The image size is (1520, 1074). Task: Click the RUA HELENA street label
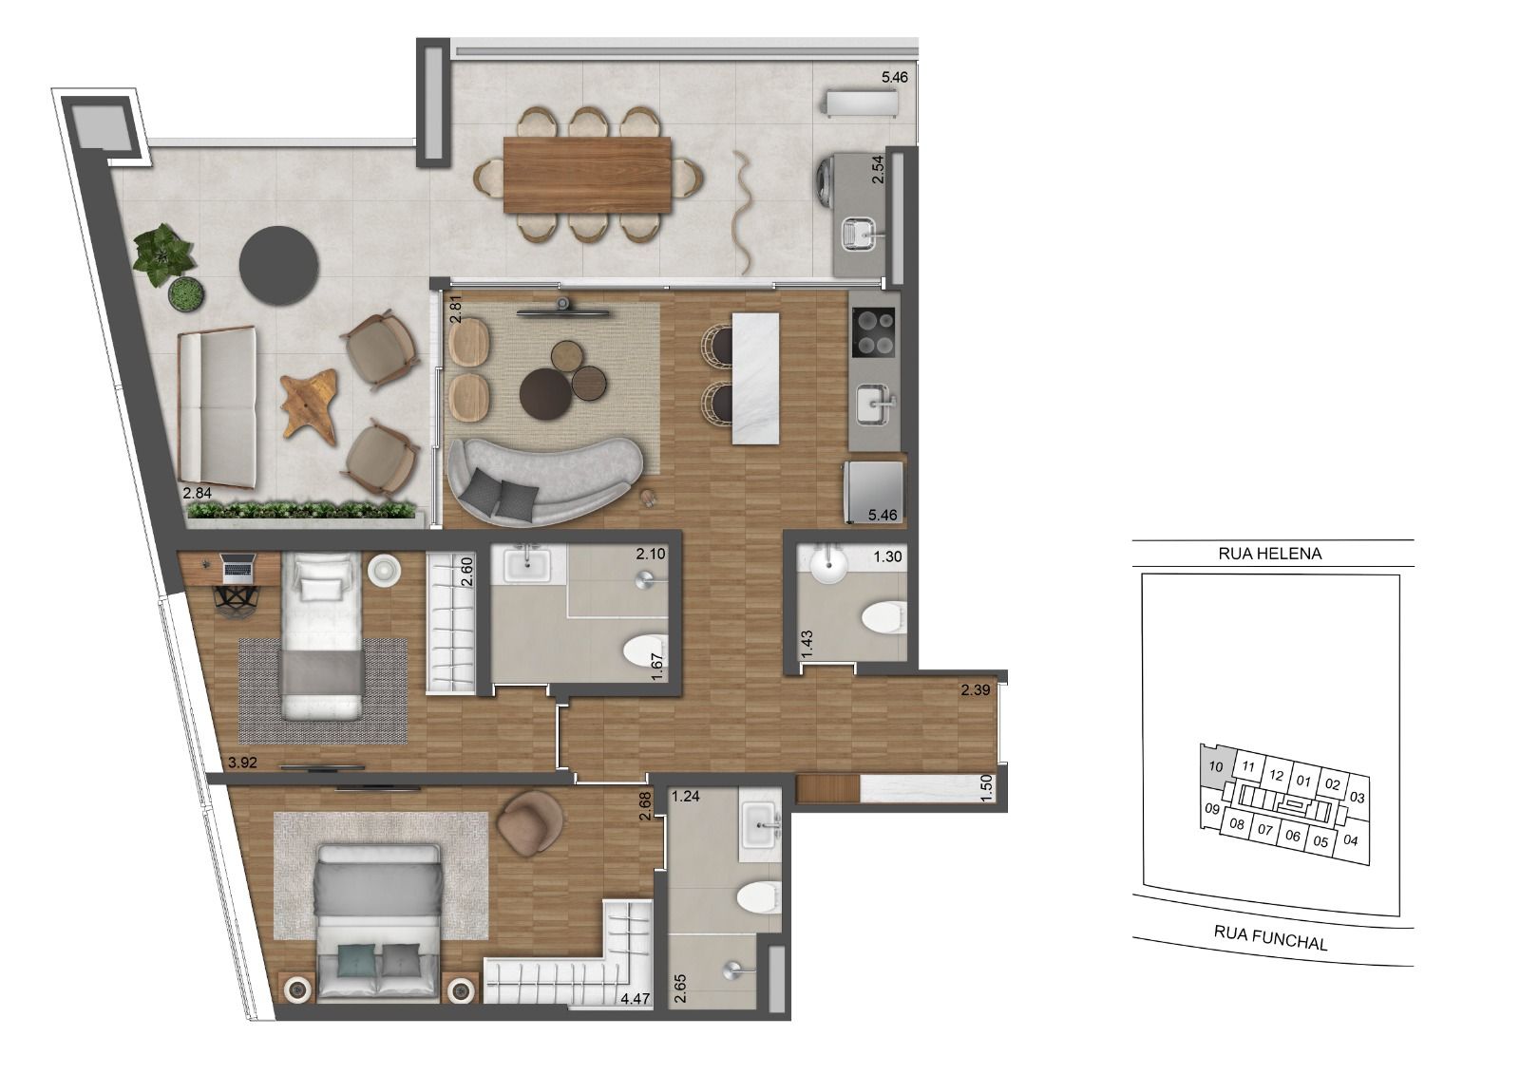[x=1269, y=554]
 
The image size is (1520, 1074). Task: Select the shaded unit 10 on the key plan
[x=1213, y=765]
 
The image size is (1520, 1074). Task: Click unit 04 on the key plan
[x=1352, y=840]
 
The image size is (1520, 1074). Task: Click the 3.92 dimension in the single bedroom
[x=244, y=761]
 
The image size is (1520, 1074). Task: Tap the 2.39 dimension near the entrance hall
[x=976, y=690]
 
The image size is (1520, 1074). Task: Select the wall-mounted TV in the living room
[x=563, y=308]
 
